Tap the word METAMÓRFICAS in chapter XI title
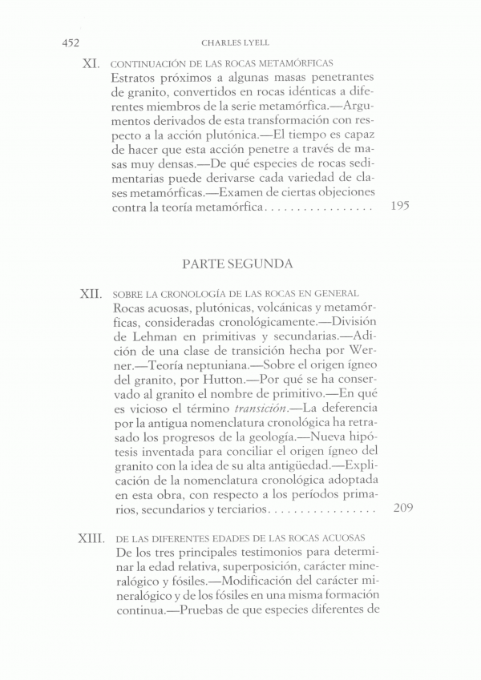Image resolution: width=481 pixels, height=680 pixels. click(297, 63)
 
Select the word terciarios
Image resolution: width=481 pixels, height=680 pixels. click(239, 509)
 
